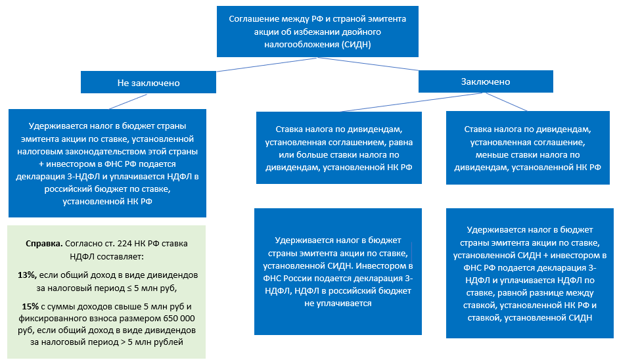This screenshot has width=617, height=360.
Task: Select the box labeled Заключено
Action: [x=486, y=81]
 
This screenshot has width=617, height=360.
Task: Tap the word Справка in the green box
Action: [x=41, y=242]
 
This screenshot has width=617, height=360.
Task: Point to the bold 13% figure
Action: [x=28, y=274]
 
